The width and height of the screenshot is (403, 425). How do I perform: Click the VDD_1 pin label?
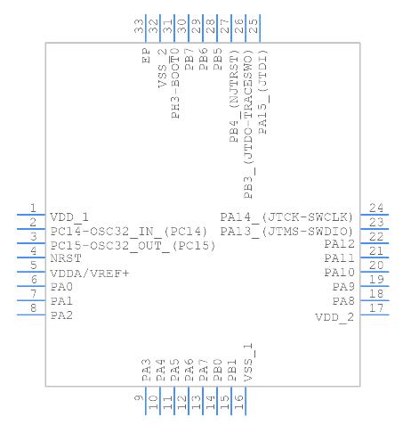click(69, 217)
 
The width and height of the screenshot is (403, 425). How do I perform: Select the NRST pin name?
click(66, 258)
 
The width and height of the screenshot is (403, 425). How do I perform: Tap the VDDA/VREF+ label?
click(90, 274)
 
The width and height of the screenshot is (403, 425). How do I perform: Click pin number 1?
click(33, 208)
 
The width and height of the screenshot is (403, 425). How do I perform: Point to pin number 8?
click(34, 308)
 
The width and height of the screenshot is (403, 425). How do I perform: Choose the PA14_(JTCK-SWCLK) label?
click(286, 217)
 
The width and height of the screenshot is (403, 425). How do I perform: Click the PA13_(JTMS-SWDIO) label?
click(286, 232)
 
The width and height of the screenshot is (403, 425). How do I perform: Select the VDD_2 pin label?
click(334, 317)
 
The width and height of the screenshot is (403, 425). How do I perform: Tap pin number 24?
click(376, 208)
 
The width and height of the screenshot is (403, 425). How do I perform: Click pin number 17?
click(376, 308)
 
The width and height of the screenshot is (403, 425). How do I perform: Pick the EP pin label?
click(147, 55)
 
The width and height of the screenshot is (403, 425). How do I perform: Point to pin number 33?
click(139, 26)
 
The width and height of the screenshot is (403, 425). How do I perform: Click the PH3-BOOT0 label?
click(175, 84)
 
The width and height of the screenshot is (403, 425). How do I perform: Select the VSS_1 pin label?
click(248, 363)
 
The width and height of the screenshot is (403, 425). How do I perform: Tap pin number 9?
click(139, 397)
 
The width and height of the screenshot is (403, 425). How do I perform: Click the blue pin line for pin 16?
click(246, 401)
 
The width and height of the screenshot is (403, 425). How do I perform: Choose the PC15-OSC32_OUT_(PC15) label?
click(133, 246)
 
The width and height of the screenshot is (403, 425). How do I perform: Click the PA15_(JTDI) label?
click(263, 92)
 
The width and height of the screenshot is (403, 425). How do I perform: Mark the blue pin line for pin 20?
click(375, 272)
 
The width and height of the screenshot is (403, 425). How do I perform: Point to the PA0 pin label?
click(61, 287)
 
